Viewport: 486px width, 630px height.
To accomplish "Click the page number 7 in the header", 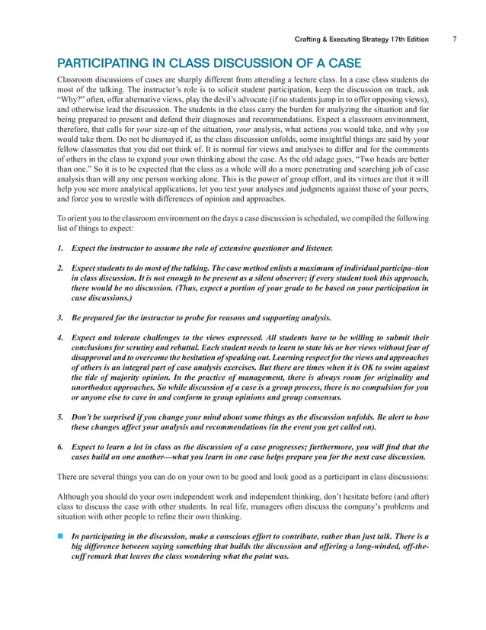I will (453, 39).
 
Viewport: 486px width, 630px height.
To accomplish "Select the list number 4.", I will (60, 336).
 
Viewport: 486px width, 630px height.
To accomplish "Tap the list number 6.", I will (60, 443).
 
